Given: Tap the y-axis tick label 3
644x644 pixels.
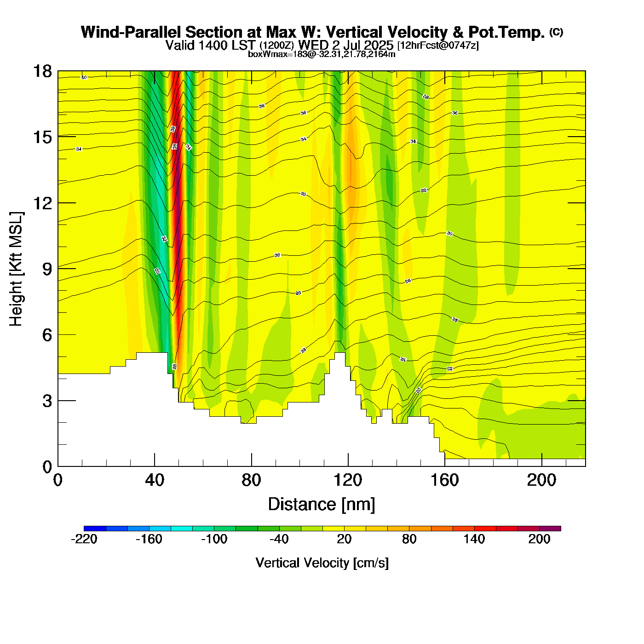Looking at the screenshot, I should pos(47,401).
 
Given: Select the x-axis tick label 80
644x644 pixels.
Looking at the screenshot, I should pos(251,480).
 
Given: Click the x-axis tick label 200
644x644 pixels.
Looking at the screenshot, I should pos(541,480).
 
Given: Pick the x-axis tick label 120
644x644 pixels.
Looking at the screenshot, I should pos(348,480).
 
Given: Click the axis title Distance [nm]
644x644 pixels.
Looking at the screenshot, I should pos(322,504).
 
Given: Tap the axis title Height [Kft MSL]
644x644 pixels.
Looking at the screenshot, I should pos(16,269).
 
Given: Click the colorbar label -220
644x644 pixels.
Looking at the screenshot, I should pos(84,539).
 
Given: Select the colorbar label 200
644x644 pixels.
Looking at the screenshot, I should pos(539,539).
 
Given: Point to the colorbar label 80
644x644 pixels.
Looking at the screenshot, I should pos(409,539).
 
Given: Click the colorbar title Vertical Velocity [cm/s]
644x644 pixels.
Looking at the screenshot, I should pos(322,563).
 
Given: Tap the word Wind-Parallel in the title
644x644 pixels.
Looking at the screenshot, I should pos(131,32).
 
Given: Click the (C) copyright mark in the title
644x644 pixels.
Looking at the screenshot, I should pos(556,32).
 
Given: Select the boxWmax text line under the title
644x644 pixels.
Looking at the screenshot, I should pos(322,54).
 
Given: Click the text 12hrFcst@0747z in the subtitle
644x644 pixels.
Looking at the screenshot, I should pos(438,46).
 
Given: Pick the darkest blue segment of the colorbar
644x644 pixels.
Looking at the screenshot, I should pos(95,528).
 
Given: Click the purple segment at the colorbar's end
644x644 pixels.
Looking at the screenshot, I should pos(550,528).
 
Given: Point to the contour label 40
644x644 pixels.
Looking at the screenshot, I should pos(84,77).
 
